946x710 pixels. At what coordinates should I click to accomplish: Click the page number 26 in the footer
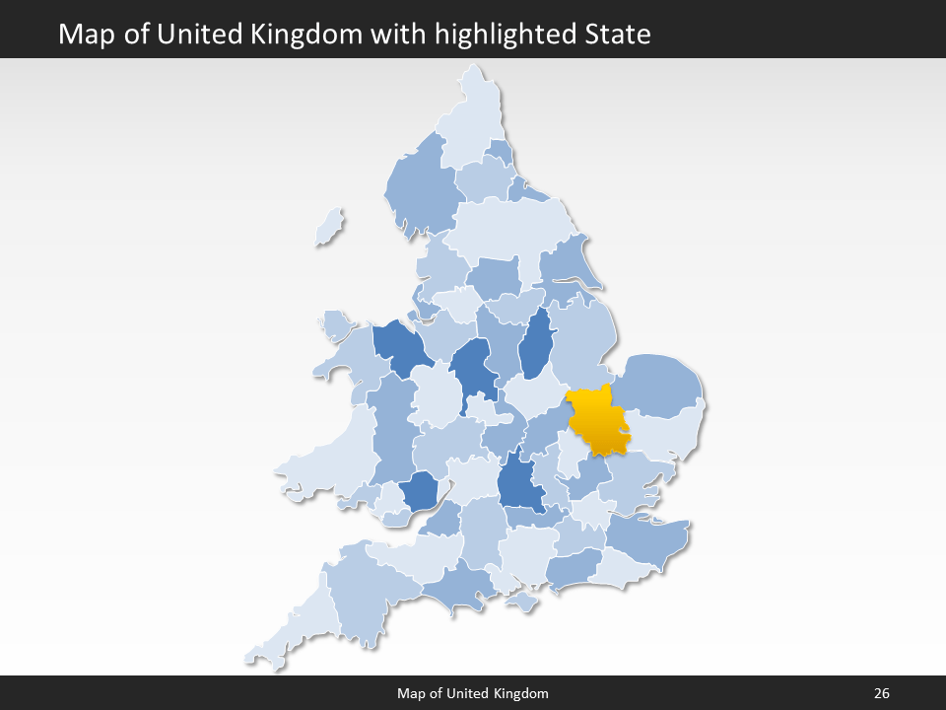click(881, 693)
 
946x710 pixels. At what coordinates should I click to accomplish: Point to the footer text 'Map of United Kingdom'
click(473, 693)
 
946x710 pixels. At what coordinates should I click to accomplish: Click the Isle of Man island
click(331, 228)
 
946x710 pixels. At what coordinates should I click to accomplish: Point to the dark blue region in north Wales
click(399, 345)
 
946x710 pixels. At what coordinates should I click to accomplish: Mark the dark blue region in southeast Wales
click(420, 490)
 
